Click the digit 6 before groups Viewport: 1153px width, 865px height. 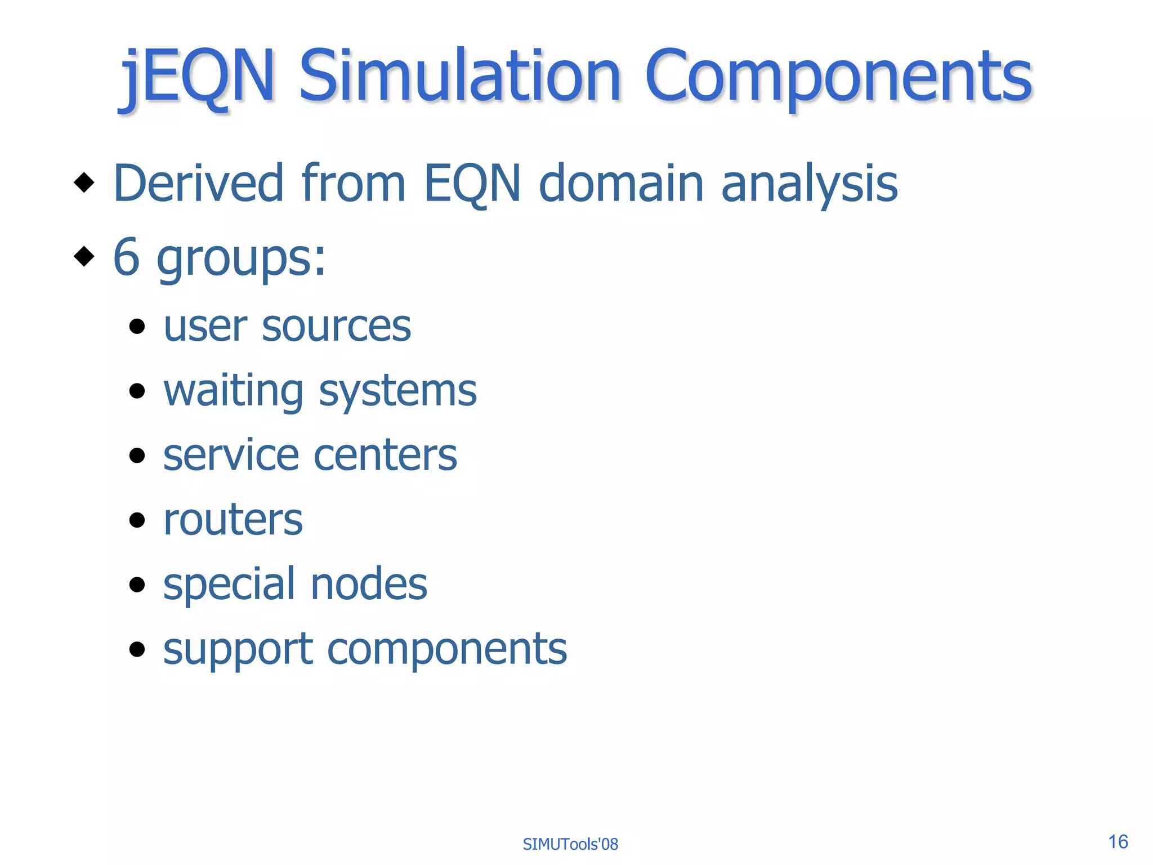coord(126,257)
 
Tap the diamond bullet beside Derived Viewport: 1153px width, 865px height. coord(84,182)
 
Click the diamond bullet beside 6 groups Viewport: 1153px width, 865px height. coord(84,256)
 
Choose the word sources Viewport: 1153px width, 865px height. coord(336,327)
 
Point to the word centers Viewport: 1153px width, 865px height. coord(385,455)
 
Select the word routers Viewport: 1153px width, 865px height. coord(233,519)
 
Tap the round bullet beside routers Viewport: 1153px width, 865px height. coord(137,520)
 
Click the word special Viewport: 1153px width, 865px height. coord(229,585)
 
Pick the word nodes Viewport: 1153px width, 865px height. coord(369,585)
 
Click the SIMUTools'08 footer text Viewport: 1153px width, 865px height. coord(570,844)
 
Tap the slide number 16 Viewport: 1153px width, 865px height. coord(1118,842)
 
